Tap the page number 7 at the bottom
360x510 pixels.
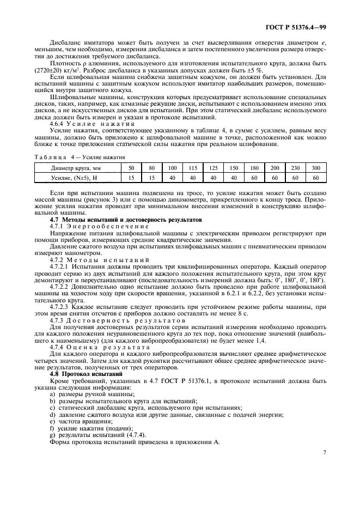point(324,452)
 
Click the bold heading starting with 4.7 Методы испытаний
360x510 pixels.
point(118,219)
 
